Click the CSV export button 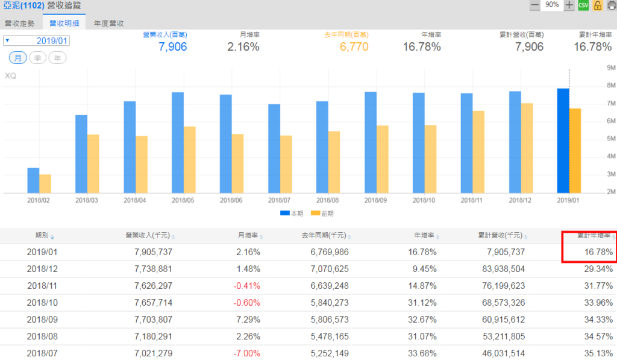click(583, 5)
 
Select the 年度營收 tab click(108, 24)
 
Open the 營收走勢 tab click(20, 24)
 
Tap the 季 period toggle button click(37, 58)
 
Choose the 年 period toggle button click(57, 58)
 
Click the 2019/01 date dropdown click(37, 40)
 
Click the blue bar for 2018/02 click(33, 180)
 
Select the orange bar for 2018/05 click(190, 160)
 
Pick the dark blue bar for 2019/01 click(563, 141)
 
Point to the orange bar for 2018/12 click(527, 148)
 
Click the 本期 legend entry click(292, 213)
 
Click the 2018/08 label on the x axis click(328, 199)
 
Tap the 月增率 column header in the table click(249, 235)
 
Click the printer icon click(610, 5)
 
